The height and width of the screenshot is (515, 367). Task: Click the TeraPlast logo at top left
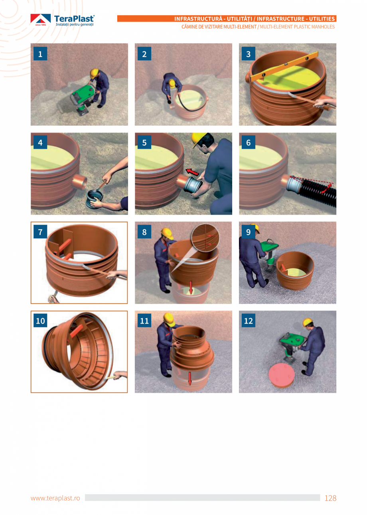(63, 20)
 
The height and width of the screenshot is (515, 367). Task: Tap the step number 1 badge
(40, 54)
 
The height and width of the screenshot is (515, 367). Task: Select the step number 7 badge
(40, 231)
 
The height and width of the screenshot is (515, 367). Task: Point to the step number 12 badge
(249, 321)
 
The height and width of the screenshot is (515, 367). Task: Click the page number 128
(330, 498)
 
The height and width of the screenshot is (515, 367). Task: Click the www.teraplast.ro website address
(55, 498)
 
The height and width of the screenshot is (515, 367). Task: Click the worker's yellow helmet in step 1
(94, 73)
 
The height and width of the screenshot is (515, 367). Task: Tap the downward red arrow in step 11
(190, 378)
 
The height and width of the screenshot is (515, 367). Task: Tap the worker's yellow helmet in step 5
(198, 139)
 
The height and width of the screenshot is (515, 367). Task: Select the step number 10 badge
(40, 321)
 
